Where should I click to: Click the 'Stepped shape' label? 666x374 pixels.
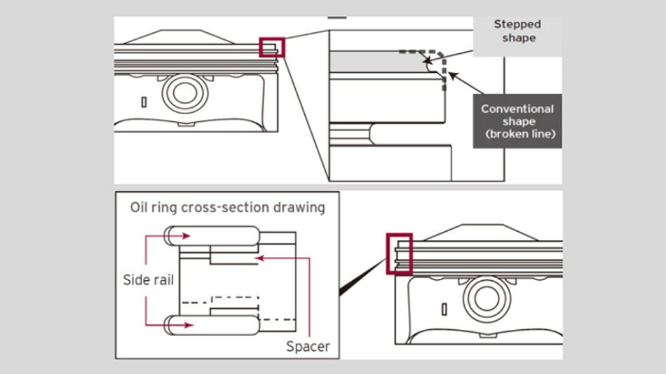coord(517,31)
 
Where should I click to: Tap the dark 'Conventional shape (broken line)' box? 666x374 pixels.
coord(517,121)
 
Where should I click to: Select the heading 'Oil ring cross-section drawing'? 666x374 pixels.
coord(227,208)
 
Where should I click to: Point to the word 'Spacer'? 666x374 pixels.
coord(308,346)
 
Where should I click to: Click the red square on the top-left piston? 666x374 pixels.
coord(272,48)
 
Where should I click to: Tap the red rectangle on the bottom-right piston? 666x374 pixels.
coord(399,254)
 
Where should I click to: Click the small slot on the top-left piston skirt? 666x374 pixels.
coord(144,102)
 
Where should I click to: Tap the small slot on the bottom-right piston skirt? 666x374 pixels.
coord(443,309)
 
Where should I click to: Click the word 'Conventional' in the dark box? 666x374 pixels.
coord(517,109)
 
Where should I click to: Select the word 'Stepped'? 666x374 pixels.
coord(517,25)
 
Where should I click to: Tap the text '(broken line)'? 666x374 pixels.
coord(517,134)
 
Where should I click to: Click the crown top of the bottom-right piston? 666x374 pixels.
coord(484,233)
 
